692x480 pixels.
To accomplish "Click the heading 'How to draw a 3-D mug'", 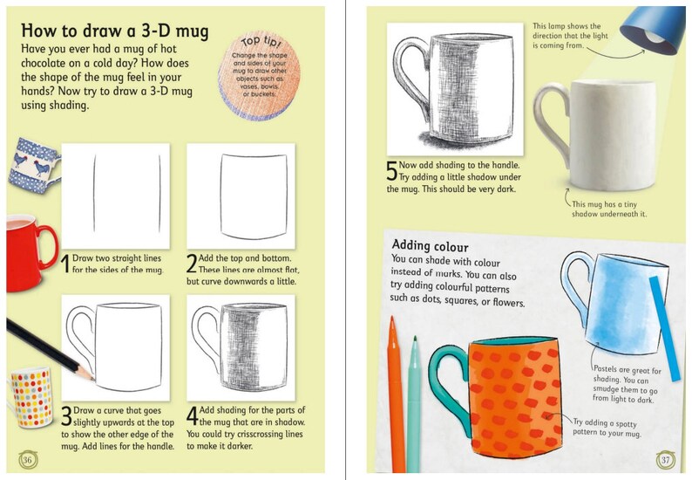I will point(114,33).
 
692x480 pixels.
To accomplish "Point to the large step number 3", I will point(66,416).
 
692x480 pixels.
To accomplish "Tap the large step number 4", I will point(193,416).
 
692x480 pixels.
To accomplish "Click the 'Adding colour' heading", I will point(430,246).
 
